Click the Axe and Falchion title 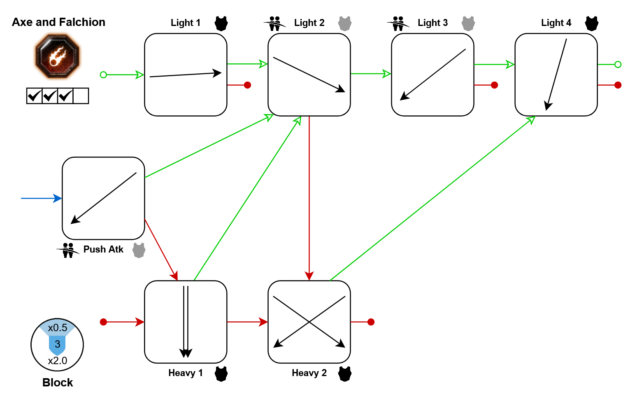click(58, 22)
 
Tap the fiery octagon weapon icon click(57, 56)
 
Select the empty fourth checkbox click(81, 96)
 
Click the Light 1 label click(186, 23)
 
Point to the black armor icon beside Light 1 click(221, 23)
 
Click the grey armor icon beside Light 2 click(345, 23)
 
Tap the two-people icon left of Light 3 click(398, 23)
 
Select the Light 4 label click(556, 23)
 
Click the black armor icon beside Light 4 click(592, 23)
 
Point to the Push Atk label click(103, 250)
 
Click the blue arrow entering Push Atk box click(41, 199)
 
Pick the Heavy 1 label click(186, 373)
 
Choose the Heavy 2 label click(309, 373)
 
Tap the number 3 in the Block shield click(58, 344)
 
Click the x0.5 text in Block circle click(58, 328)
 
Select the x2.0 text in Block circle click(58, 361)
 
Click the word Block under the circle click(58, 383)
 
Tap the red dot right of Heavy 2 click(371, 322)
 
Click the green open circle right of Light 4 click(618, 64)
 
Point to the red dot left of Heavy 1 click(103, 322)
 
